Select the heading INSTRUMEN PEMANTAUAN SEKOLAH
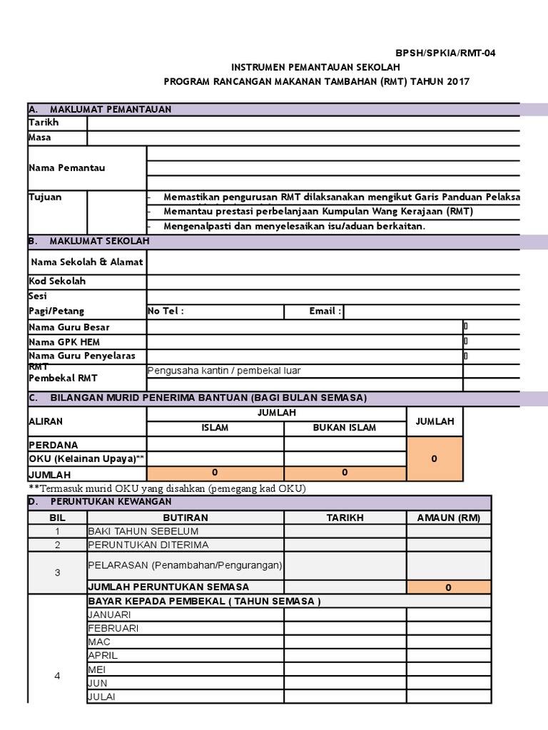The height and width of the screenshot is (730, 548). (317, 67)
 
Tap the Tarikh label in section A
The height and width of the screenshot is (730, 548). (44, 123)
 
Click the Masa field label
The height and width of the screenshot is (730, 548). (40, 138)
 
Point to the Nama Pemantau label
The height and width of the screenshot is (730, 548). (67, 168)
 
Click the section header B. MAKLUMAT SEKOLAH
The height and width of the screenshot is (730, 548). (89, 242)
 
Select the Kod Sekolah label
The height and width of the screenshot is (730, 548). (57, 281)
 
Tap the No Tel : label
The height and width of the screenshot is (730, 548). (166, 311)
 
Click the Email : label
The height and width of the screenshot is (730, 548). (325, 311)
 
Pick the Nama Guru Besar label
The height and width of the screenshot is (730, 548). (69, 327)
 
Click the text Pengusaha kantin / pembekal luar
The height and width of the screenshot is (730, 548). (224, 371)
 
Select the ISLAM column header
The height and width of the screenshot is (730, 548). (215, 428)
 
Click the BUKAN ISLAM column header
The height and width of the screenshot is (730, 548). (345, 428)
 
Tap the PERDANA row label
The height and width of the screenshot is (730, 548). (54, 444)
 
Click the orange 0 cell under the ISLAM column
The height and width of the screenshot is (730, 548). (215, 473)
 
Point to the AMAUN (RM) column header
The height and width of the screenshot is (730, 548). (449, 518)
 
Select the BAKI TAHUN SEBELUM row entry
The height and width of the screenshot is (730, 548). (143, 531)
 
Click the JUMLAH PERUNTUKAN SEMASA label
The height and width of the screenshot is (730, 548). (168, 587)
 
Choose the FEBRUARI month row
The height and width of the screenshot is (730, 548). (113, 628)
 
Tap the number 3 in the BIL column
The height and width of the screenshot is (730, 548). (57, 572)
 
